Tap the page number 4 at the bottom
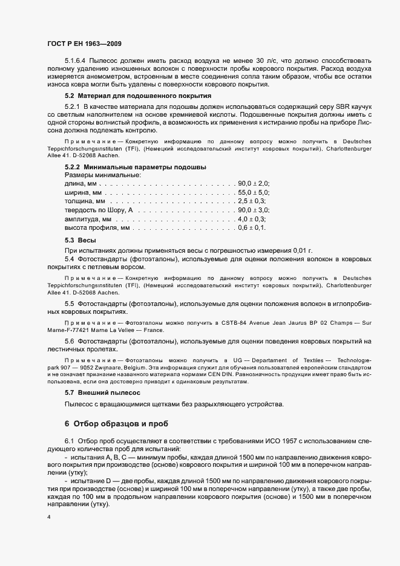[x=48, y=518]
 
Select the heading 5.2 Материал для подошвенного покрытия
[x=137, y=96]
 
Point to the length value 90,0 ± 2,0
[x=254, y=183]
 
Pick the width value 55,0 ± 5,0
[x=254, y=192]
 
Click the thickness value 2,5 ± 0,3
[x=252, y=201]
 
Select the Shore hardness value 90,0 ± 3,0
[x=254, y=210]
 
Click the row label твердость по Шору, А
[x=98, y=210]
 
